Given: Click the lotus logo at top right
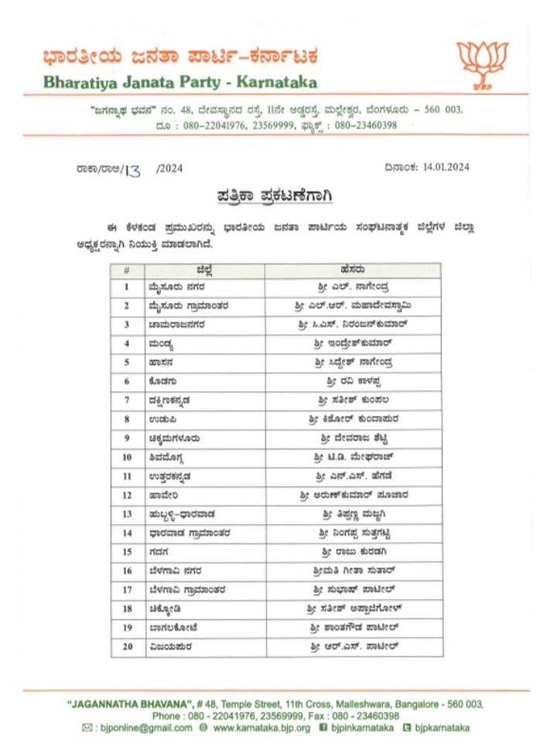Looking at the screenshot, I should (x=482, y=62).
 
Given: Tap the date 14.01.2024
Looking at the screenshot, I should (x=446, y=167).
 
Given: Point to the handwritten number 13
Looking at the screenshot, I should (x=133, y=170).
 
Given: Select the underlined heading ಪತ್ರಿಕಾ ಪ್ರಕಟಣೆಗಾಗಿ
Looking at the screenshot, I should (x=274, y=196).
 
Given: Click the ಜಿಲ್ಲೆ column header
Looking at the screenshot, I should (x=204, y=270).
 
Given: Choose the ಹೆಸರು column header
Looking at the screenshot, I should (x=353, y=270).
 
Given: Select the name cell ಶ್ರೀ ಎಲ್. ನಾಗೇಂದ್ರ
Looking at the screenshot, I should (x=354, y=286).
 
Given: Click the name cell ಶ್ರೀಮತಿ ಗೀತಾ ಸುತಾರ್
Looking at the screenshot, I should (x=354, y=570).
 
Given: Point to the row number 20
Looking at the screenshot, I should (x=128, y=646).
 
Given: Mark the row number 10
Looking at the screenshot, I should (x=128, y=457).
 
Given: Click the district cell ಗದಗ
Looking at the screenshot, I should (x=159, y=552).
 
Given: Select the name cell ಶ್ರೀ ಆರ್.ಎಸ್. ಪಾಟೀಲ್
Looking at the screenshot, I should (x=354, y=646).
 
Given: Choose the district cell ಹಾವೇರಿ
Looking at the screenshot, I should (x=162, y=495).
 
